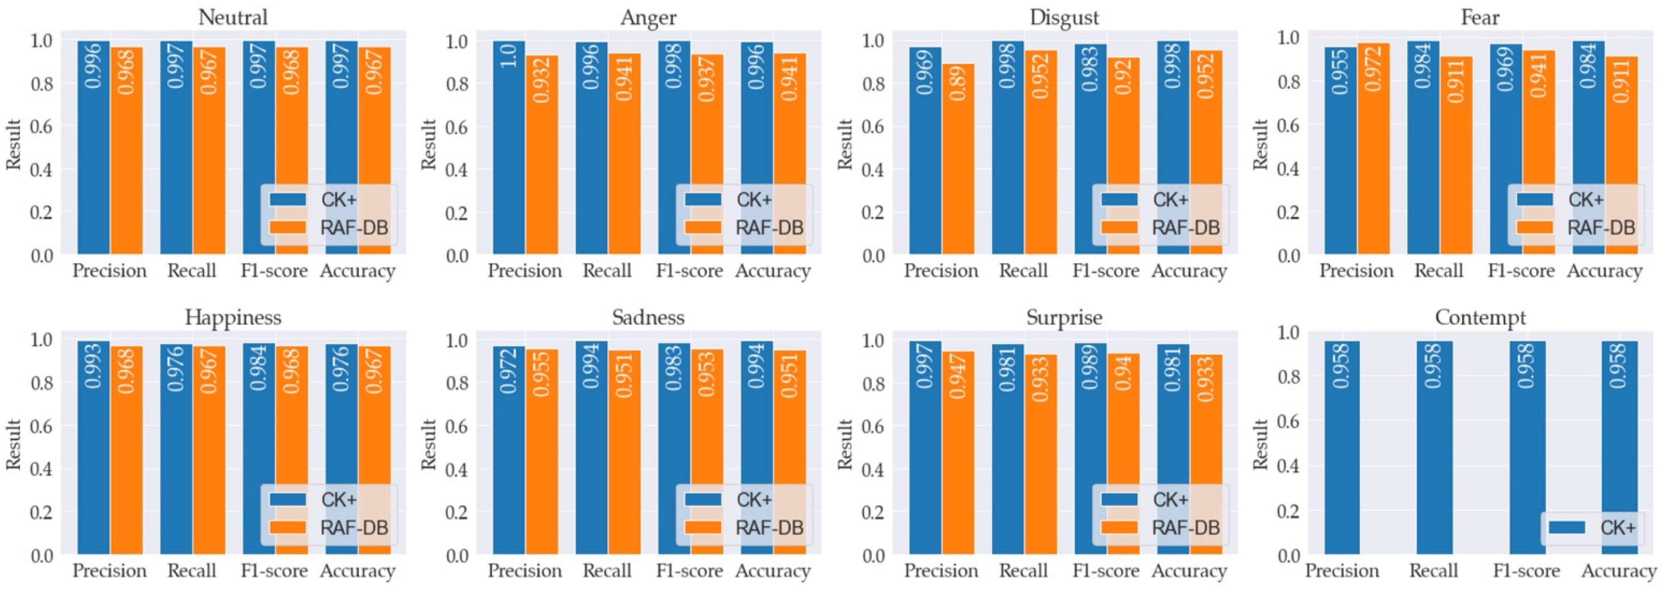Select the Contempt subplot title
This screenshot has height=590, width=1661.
pos(1480,317)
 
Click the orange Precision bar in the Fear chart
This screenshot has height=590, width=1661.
pos(1373,148)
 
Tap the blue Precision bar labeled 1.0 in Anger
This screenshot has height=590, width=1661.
pos(509,148)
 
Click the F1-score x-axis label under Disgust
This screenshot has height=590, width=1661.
pos(1106,271)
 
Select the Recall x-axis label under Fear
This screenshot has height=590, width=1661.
pos(1438,271)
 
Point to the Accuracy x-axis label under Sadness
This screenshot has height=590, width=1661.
pos(772,571)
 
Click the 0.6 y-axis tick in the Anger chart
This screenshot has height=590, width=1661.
pos(457,126)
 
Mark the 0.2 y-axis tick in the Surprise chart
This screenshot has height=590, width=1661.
pos(873,513)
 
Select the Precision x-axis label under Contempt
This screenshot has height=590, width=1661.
pos(1342,571)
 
